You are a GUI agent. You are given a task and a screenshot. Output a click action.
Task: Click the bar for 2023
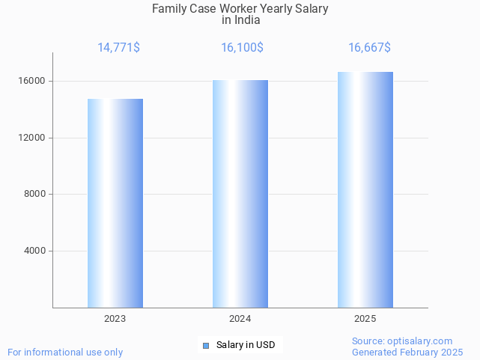[115, 203]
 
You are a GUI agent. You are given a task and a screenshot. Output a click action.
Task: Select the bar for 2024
[240, 194]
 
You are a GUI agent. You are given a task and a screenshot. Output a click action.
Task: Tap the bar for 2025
[365, 189]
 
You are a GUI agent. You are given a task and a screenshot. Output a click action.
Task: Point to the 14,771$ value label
[118, 48]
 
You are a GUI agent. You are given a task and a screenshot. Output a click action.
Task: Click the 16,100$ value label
[242, 48]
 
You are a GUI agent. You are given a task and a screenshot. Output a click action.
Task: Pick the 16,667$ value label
[369, 48]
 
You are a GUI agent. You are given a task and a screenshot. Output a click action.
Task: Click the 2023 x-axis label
[115, 319]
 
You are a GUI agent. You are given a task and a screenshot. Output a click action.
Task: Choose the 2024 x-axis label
[240, 319]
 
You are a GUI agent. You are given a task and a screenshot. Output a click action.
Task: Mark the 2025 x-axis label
[365, 319]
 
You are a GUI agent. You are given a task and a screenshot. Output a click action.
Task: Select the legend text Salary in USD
[246, 345]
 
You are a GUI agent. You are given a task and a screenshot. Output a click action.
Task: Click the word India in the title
[246, 20]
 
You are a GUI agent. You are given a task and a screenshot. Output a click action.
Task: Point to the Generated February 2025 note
[407, 353]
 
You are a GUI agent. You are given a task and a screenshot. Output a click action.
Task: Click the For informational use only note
[65, 353]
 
